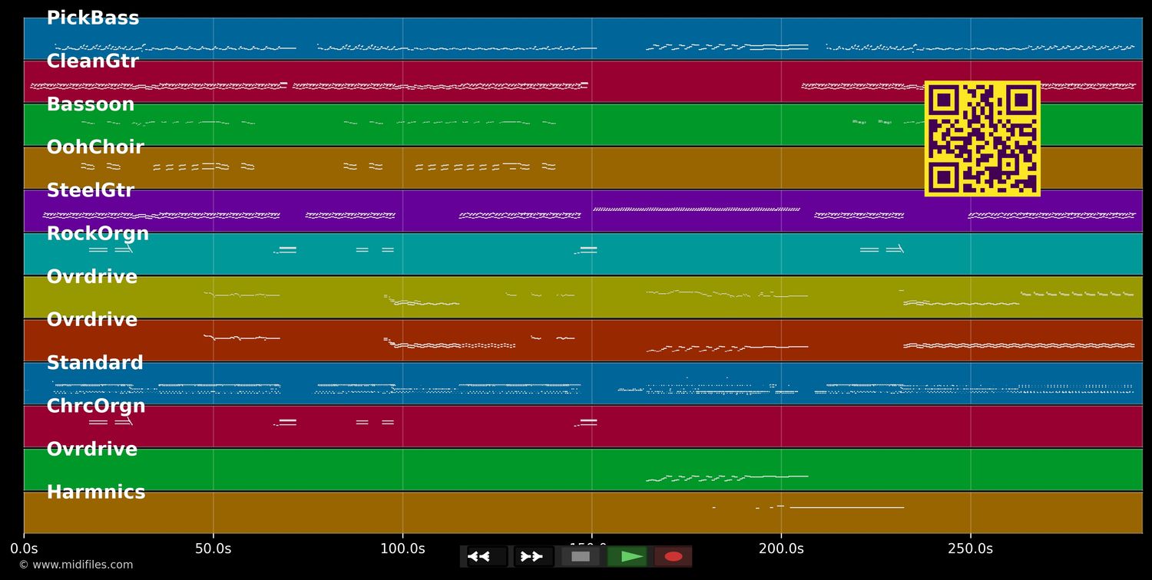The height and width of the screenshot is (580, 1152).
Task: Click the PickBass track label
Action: click(x=93, y=18)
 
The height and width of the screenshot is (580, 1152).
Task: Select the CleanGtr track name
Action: click(x=92, y=61)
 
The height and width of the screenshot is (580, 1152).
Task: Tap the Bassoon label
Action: click(x=91, y=104)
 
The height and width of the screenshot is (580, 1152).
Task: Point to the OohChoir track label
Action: click(x=95, y=147)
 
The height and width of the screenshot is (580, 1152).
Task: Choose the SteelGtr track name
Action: click(x=91, y=190)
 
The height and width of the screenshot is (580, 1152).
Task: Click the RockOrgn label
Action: click(x=98, y=234)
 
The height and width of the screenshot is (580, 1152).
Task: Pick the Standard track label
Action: click(x=95, y=363)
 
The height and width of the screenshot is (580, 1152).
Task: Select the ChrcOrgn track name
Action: click(x=96, y=406)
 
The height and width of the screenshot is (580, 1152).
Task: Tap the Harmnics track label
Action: click(x=96, y=493)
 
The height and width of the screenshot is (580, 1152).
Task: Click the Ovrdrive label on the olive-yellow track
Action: click(x=92, y=277)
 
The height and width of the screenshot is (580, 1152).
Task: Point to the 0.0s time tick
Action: click(x=24, y=549)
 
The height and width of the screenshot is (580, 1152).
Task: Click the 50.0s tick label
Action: click(x=213, y=549)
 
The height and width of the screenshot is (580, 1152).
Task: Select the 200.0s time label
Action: click(x=781, y=549)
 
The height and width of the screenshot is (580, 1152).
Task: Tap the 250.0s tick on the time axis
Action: click(x=970, y=549)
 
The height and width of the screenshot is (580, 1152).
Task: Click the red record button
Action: click(x=674, y=556)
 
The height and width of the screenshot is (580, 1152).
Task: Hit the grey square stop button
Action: click(x=581, y=556)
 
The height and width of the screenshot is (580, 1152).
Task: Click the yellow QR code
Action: click(x=982, y=139)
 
